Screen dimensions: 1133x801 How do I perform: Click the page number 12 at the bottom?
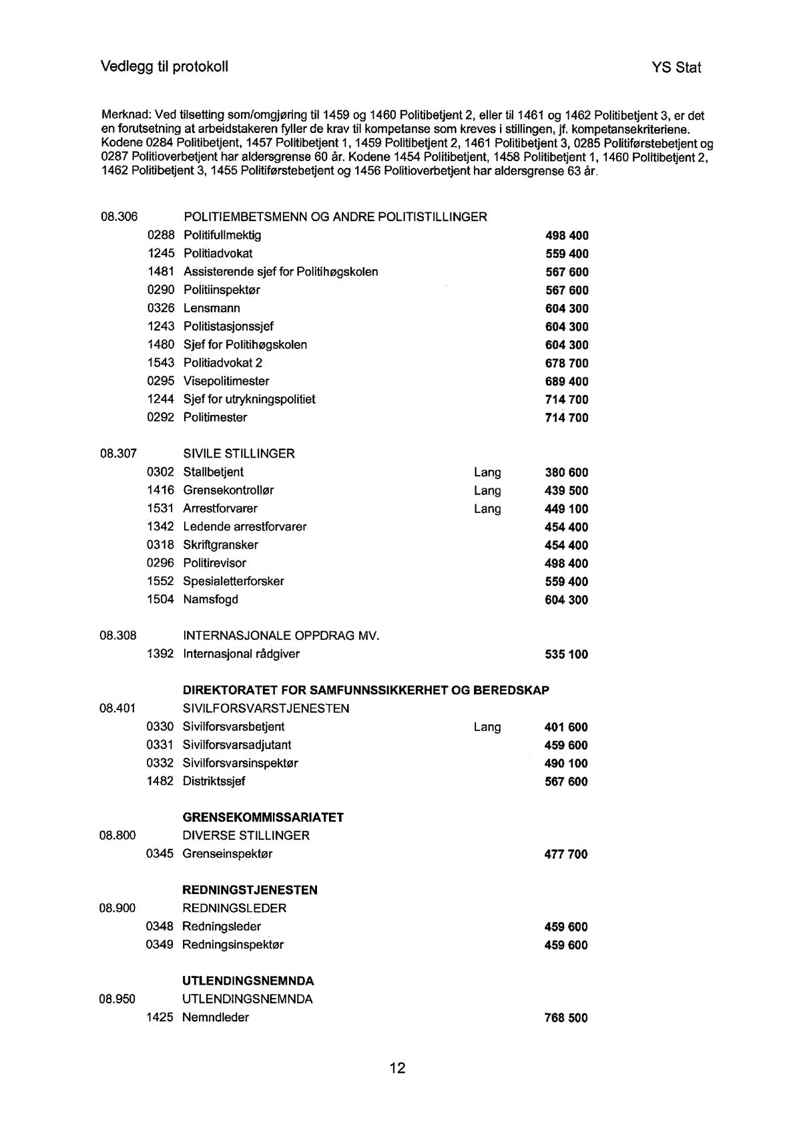397,1068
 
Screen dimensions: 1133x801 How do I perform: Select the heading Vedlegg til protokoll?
164,67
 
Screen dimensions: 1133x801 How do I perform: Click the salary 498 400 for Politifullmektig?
567,236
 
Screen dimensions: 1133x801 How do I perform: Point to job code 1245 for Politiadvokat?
161,254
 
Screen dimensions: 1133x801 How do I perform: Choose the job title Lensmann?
212,309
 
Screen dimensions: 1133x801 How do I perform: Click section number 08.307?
119,454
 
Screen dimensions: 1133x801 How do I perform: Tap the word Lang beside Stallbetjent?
487,473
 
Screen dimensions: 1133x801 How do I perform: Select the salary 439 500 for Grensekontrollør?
567,491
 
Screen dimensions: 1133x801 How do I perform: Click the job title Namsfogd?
210,600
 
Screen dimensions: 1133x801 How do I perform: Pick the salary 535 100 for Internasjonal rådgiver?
567,655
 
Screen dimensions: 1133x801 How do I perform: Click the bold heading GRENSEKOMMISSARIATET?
263,818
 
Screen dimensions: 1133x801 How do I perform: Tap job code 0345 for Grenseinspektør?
160,854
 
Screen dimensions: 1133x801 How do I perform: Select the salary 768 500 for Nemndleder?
566,1018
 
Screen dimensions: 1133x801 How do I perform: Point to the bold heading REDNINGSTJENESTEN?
250,891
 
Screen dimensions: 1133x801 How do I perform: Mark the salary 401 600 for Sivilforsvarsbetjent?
566,727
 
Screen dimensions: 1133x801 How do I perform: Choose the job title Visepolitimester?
226,381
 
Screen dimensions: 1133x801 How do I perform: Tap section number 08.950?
117,999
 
